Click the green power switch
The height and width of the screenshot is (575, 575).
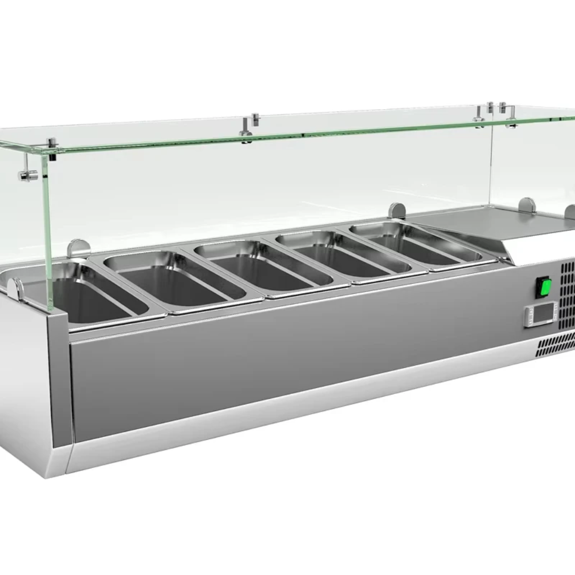(544, 287)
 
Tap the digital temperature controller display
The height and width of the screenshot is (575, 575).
(539, 315)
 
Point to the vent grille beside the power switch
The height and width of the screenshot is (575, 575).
(568, 290)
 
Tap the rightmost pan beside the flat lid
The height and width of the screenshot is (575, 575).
(415, 245)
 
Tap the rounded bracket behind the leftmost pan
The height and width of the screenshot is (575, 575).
(78, 248)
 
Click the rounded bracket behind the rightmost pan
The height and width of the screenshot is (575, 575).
(396, 210)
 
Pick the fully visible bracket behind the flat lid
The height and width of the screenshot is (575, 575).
(527, 205)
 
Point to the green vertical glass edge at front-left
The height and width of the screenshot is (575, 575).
(49, 234)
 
